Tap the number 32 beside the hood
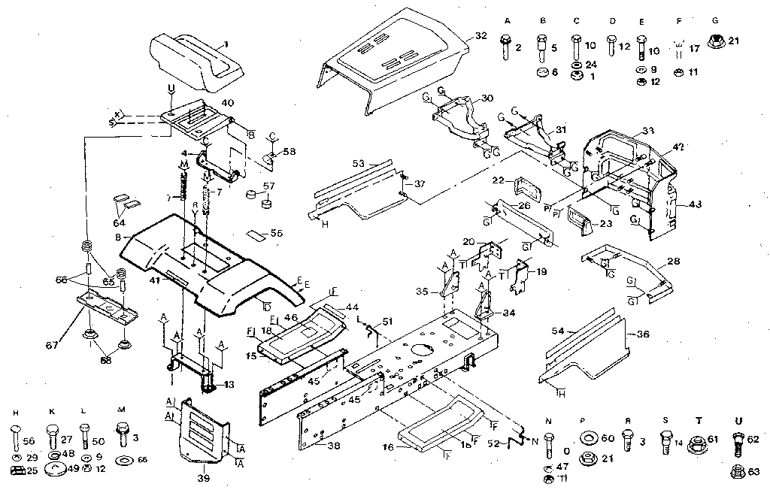[481, 36]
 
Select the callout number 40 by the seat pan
[226, 104]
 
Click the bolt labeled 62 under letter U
[738, 444]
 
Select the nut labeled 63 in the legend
[738, 472]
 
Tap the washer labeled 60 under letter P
[587, 438]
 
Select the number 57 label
[268, 185]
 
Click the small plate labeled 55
[256, 234]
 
